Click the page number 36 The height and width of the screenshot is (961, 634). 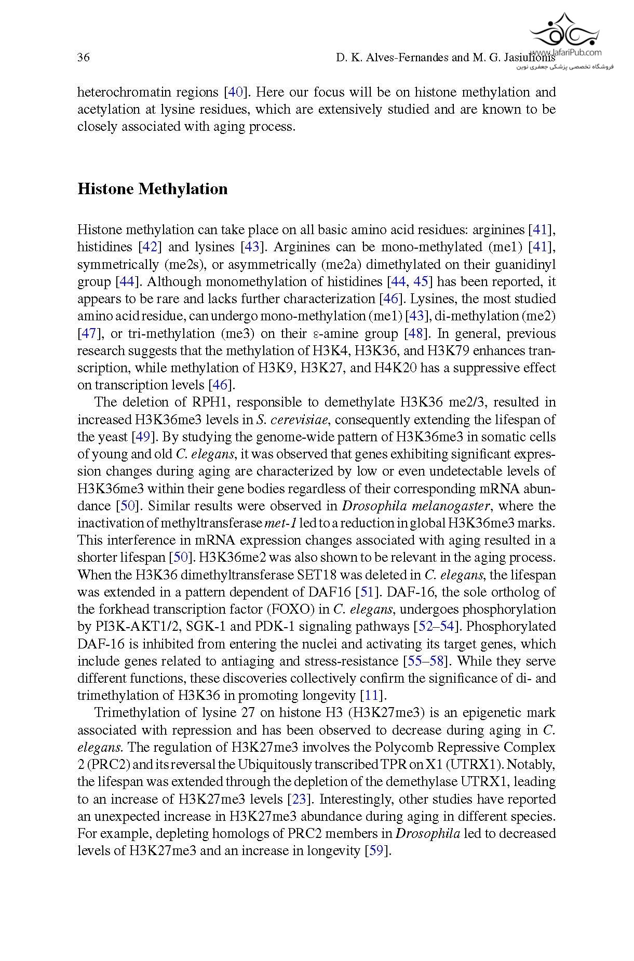tap(83, 58)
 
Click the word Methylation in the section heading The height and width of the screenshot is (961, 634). tap(183, 189)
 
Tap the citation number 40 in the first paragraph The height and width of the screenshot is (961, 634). tap(236, 92)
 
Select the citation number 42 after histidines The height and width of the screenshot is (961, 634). tap(150, 247)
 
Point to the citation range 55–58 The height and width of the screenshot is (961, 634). tap(426, 661)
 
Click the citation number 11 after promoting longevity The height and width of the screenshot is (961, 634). tap(373, 696)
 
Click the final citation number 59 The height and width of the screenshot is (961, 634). tap(377, 851)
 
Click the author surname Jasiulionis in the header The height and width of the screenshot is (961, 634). tap(527, 58)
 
